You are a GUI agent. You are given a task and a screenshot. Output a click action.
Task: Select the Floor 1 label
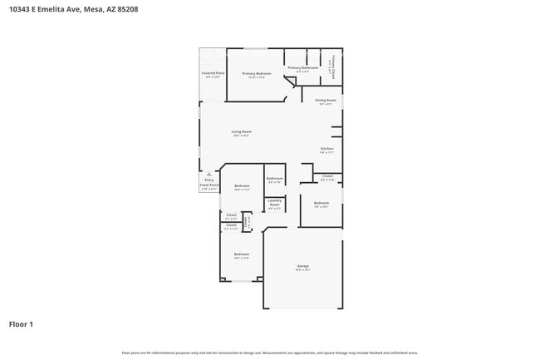pos(22,323)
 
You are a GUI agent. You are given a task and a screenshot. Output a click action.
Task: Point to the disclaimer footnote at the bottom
pos(270,353)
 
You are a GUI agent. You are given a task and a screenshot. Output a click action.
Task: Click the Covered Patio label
pos(213,74)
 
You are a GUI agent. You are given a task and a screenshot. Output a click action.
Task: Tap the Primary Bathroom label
pos(303,67)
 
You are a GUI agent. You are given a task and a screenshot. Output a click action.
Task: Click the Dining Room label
pos(326,100)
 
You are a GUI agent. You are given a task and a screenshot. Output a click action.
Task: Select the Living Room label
pos(241,131)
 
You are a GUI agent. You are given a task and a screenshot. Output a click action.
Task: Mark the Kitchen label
pos(327,149)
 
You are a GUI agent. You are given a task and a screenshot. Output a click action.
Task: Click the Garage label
pos(302,266)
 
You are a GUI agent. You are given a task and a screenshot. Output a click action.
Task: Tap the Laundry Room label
pos(274,205)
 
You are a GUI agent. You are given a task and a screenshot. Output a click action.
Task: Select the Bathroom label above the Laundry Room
pos(274,179)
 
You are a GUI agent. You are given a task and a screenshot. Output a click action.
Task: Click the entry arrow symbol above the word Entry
pos(209,175)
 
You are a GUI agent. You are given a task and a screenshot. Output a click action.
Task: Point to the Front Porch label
pos(209,185)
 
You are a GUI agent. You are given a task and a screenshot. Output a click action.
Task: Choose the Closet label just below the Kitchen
pos(327,176)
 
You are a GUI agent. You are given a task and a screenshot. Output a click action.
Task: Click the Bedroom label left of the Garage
pos(241,254)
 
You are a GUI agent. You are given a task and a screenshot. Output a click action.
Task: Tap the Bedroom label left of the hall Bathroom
pos(242,185)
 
